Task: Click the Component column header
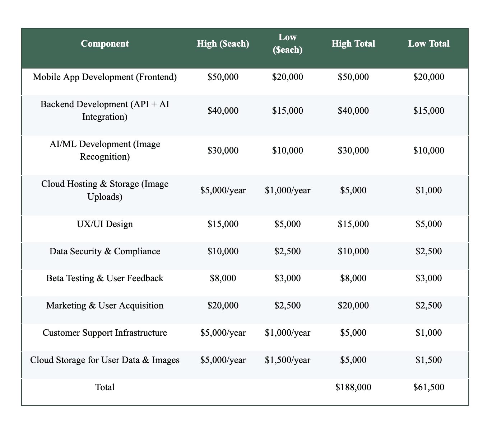tap(105, 44)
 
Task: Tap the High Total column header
tap(353, 44)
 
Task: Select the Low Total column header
tap(428, 44)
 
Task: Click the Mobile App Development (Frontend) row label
tap(105, 77)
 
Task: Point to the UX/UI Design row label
tap(105, 224)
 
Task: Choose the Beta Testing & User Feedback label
tap(105, 278)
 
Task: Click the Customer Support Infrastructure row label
tap(105, 333)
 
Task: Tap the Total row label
tap(105, 387)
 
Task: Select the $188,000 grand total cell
tap(353, 387)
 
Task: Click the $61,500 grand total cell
tap(428, 387)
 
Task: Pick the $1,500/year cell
tap(287, 360)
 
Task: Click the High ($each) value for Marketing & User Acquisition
tap(223, 305)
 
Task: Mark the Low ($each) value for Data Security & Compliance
tap(287, 251)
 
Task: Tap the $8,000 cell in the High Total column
tap(353, 278)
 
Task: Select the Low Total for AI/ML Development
tap(428, 150)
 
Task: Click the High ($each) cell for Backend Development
tap(223, 110)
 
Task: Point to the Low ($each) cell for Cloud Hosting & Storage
tap(287, 190)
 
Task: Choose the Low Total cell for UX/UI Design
tap(428, 224)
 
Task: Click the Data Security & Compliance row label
tap(105, 251)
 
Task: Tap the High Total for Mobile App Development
tap(353, 77)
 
